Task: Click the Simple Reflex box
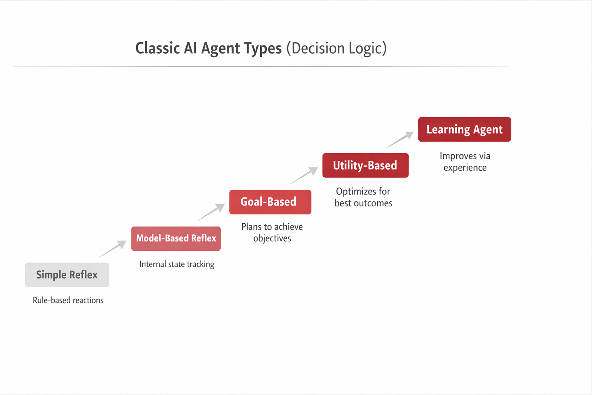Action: [67, 275]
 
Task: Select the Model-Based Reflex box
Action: [176, 238]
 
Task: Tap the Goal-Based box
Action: [270, 202]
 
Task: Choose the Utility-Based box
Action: [365, 165]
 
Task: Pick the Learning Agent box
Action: [464, 129]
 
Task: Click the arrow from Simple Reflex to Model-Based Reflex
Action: [113, 249]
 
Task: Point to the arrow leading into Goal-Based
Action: [211, 213]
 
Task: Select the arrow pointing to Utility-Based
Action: [304, 176]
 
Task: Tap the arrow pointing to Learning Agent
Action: [400, 140]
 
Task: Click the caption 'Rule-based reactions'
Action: [68, 300]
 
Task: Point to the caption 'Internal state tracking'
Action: [177, 264]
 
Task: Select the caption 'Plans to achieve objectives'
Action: [272, 232]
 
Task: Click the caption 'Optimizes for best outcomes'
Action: [363, 197]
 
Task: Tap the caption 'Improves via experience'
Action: [465, 162]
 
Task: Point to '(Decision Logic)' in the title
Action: [336, 48]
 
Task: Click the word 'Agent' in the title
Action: [220, 49]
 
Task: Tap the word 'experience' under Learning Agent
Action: [465, 168]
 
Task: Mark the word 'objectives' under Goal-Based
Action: [272, 238]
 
